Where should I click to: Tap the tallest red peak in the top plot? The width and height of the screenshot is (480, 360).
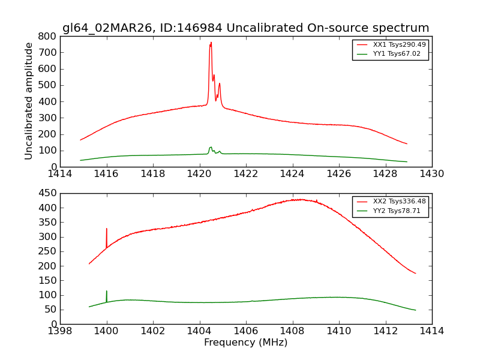point(211,43)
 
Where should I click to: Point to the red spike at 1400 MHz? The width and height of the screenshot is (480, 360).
point(107,229)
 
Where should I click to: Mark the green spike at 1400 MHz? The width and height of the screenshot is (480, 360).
point(107,292)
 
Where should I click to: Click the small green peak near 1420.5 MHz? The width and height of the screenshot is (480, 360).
point(211,148)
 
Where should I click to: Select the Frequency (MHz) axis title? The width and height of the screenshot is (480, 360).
point(245,343)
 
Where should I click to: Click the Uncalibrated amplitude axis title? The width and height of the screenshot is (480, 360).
point(29,101)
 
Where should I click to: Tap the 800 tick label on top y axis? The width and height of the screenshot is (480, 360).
point(47,36)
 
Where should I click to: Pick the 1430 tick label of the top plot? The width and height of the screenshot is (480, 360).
point(431,174)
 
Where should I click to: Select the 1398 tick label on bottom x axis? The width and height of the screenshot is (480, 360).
point(60,331)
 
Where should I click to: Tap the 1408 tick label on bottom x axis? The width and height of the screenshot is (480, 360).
point(292,331)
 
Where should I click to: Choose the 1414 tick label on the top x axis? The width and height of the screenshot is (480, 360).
point(60,174)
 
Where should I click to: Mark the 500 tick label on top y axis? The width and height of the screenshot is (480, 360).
point(47,85)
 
